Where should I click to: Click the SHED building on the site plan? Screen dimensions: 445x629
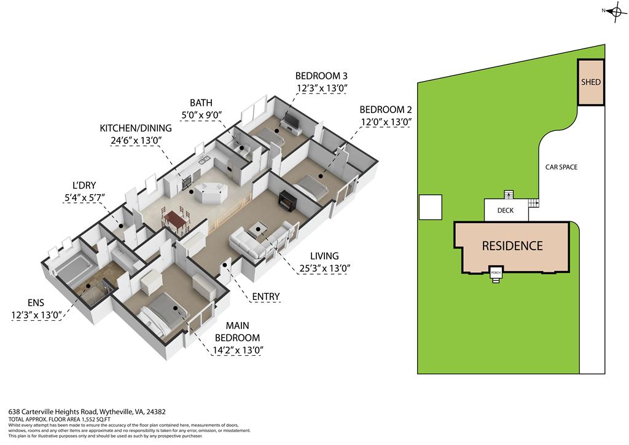click(x=591, y=82)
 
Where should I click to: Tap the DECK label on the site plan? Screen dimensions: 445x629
click(x=505, y=210)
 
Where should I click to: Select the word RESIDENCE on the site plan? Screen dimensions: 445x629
click(x=512, y=246)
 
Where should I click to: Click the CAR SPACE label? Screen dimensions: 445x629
click(x=561, y=167)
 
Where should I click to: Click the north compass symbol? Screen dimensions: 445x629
click(x=615, y=11)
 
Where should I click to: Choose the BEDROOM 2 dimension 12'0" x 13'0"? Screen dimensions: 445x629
click(x=385, y=122)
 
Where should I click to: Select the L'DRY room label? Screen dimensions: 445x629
click(x=85, y=184)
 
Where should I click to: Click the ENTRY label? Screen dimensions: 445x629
click(x=266, y=297)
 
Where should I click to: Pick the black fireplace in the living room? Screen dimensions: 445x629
click(x=287, y=201)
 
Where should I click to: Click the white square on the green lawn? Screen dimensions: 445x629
click(x=429, y=207)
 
